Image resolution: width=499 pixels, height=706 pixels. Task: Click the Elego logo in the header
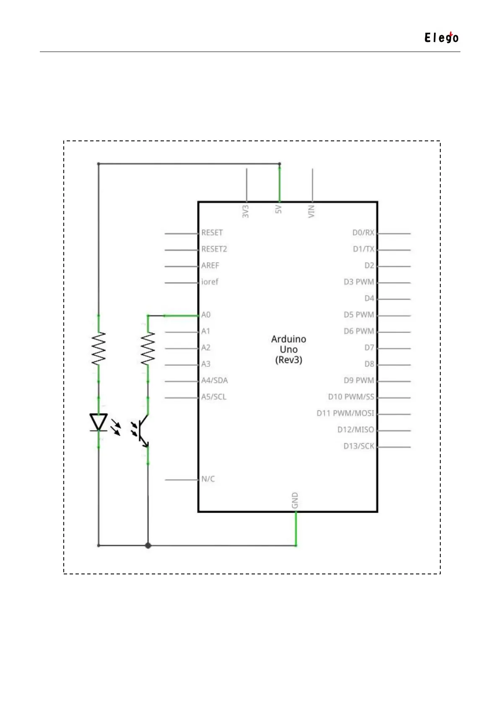[441, 38]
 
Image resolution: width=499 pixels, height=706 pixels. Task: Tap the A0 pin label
[206, 315]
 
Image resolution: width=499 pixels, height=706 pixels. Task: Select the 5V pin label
[279, 209]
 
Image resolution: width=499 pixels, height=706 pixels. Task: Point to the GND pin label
[295, 501]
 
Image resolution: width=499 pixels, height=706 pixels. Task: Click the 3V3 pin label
[246, 211]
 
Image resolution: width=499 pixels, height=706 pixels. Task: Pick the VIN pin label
[312, 211]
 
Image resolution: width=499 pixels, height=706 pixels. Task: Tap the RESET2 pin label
[214, 249]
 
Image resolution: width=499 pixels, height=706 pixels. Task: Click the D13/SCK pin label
[359, 446]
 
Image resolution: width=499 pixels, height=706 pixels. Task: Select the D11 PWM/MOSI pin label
[345, 413]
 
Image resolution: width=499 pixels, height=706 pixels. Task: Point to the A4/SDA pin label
[214, 381]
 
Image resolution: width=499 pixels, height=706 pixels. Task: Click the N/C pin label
[208, 479]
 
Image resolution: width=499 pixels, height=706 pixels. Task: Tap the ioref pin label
[210, 282]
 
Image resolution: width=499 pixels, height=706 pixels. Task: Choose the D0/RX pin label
[363, 233]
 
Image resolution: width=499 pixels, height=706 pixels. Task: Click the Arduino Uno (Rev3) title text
[288, 349]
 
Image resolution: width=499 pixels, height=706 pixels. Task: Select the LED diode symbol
[99, 422]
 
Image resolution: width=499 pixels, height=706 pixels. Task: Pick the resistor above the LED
[99, 348]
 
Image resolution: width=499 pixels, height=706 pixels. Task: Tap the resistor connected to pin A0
[148, 348]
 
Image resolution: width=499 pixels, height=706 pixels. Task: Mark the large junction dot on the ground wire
[148, 545]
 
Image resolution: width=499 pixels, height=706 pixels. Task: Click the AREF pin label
[210, 265]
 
